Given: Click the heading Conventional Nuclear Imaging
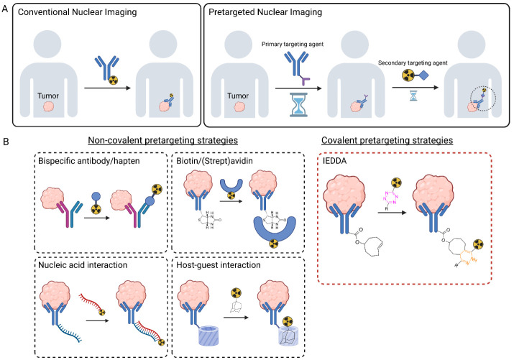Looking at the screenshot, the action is pyautogui.click(x=78, y=12).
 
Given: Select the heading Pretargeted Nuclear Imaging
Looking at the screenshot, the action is pyautogui.click(x=265, y=12).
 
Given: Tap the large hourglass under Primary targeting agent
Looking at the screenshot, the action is pyautogui.click(x=298, y=105).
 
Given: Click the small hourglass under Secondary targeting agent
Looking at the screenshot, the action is pyautogui.click(x=413, y=96).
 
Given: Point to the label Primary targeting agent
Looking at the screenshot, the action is pyautogui.click(x=293, y=45).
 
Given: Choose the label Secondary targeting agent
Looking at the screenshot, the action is pyautogui.click(x=413, y=63).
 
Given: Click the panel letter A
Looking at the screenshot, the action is pyautogui.click(x=4, y=9).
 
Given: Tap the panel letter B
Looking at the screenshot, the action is pyautogui.click(x=5, y=142).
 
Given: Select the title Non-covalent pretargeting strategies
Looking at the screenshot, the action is pyautogui.click(x=163, y=141).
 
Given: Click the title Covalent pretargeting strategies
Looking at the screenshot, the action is pyautogui.click(x=387, y=141).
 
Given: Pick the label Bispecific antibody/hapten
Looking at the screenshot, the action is pyautogui.click(x=89, y=161).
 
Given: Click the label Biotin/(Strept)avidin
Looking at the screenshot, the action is pyautogui.click(x=214, y=161).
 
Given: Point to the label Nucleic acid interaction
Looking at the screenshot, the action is pyautogui.click(x=83, y=265).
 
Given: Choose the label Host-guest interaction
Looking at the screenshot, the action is pyautogui.click(x=219, y=265).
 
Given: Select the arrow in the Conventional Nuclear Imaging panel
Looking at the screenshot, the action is pyautogui.click(x=108, y=88).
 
